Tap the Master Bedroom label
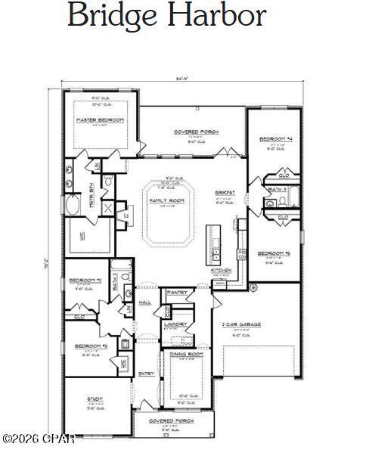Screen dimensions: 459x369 (101, 120)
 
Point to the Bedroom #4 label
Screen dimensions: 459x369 (274, 139)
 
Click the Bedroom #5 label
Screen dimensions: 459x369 (274, 253)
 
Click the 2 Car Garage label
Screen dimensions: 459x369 (241, 324)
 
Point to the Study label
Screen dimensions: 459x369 (95, 399)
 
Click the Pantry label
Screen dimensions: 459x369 (177, 293)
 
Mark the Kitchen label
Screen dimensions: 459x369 (221, 270)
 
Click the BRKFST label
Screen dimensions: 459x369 (225, 193)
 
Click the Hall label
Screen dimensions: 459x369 (145, 302)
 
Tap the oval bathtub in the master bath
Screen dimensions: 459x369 (75, 206)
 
